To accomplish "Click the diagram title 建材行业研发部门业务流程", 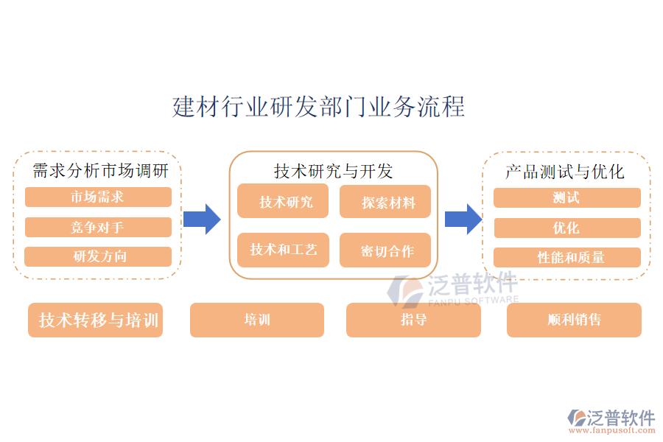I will (318, 106).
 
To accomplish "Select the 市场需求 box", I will (98, 197).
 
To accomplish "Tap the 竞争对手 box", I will (98, 228).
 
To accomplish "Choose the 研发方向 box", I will (98, 256).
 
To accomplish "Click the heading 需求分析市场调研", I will (101, 171).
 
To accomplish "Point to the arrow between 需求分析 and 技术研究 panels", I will (202, 219).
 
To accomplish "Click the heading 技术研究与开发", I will (334, 171).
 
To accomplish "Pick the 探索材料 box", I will (385, 202).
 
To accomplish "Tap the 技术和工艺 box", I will (283, 250).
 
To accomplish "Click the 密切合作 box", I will (385, 250).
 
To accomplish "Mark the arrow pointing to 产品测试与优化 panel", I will (463, 219).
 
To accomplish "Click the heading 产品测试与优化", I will (565, 171).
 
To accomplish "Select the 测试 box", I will (566, 197).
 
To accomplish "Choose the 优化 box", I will (566, 228).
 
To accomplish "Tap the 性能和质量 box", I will (566, 257).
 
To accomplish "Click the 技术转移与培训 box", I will (96, 320).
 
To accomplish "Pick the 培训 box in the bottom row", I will (257, 320).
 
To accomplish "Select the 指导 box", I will (413, 320).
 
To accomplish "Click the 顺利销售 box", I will (574, 320).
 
